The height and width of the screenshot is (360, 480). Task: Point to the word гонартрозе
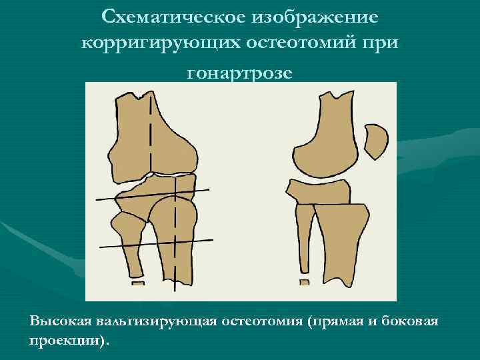tap(239, 72)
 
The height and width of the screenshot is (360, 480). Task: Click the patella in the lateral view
tap(377, 141)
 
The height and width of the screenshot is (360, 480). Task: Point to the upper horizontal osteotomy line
tap(153, 195)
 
